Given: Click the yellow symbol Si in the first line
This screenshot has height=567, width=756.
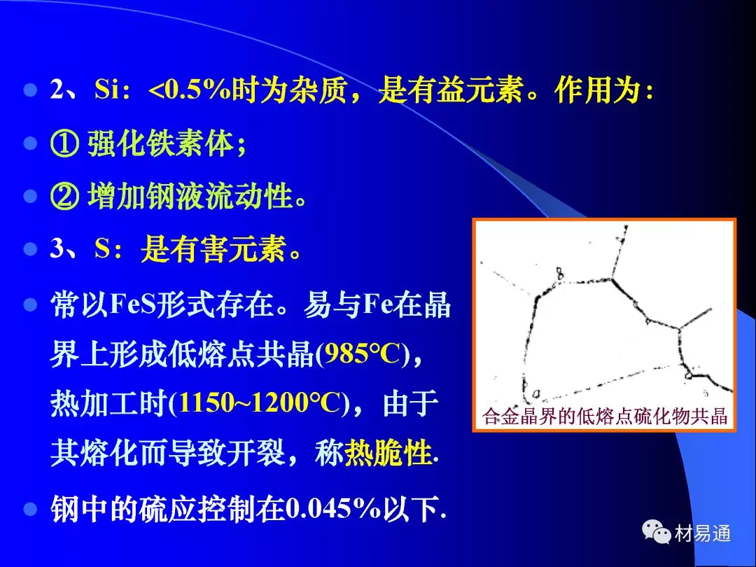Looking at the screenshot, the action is pyautogui.click(x=106, y=90).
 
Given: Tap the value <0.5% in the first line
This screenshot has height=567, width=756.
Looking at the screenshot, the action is pyautogui.click(x=190, y=90).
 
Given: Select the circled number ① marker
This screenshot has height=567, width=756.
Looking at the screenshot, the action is pyautogui.click(x=64, y=143).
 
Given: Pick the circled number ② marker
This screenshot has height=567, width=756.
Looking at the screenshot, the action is pyautogui.click(x=64, y=196).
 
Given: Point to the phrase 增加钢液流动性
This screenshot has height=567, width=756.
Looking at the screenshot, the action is pyautogui.click(x=190, y=196).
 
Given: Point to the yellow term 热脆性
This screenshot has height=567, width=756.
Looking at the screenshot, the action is pyautogui.click(x=388, y=452).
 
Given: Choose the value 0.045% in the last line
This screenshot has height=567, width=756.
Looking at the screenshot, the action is pyautogui.click(x=334, y=509).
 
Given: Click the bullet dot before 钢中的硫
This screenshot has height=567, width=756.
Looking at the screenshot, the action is pyautogui.click(x=30, y=509).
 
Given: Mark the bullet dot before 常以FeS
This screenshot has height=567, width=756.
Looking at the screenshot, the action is pyautogui.click(x=30, y=305).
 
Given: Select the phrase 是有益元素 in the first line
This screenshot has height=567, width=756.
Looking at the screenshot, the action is pyautogui.click(x=451, y=90).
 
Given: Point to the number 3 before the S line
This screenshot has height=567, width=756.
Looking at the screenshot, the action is pyautogui.click(x=57, y=249).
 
